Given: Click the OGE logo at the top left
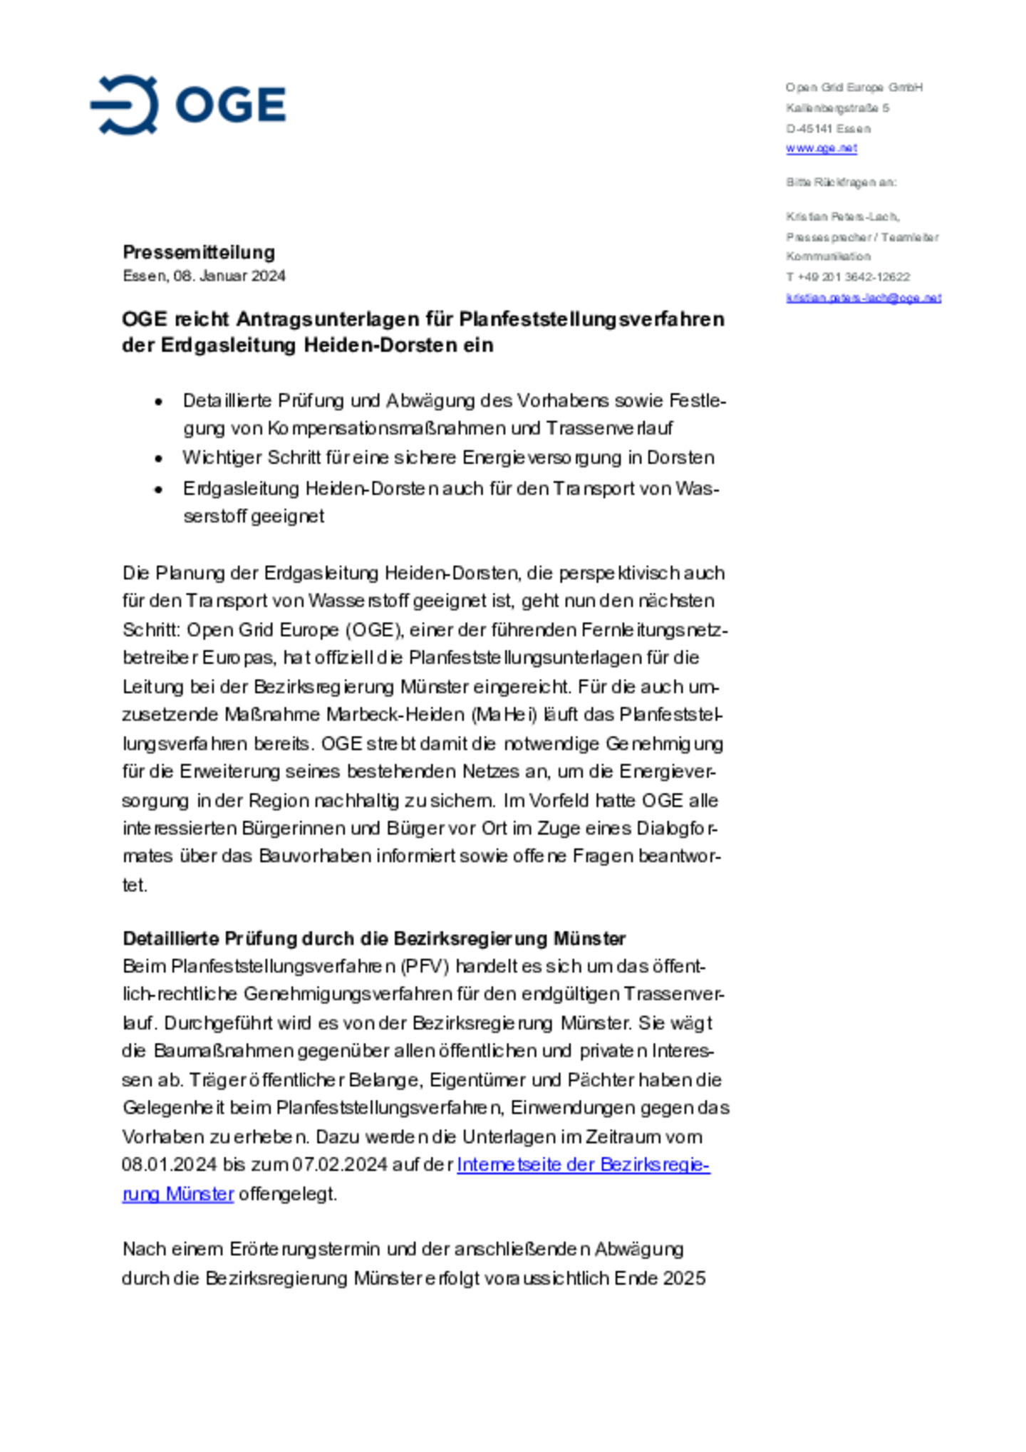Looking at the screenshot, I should click(188, 105).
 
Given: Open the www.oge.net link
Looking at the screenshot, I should click(821, 148).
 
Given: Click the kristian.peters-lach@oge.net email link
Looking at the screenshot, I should click(863, 298).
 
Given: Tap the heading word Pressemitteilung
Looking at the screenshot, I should click(199, 252).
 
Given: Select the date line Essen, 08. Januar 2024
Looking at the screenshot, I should click(204, 276).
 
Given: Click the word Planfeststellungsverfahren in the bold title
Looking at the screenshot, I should click(591, 318).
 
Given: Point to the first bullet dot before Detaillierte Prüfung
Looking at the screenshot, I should click(159, 402).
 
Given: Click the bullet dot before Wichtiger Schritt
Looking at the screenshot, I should click(159, 458).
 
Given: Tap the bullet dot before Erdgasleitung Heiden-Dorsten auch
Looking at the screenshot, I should click(159, 489).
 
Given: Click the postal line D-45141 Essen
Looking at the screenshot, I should click(828, 129).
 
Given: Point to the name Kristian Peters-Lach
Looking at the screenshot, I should click(842, 217).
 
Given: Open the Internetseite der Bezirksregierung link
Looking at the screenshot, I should click(583, 1165).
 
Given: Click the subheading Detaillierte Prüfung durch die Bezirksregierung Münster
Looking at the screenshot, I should click(374, 938).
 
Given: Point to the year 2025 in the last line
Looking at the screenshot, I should click(684, 1278).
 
